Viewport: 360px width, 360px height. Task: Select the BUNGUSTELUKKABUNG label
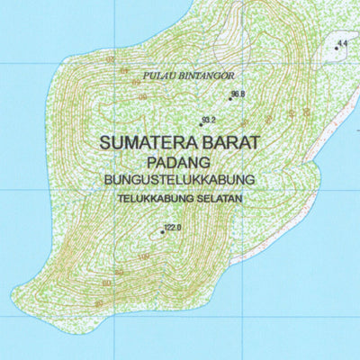(x=180, y=179)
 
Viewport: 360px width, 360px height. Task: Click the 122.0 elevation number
(x=174, y=228)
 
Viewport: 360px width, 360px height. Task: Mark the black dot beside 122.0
(x=162, y=232)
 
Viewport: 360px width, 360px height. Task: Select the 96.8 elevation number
(x=238, y=94)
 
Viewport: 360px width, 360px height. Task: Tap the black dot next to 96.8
(x=230, y=99)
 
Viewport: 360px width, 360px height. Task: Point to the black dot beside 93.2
(x=200, y=124)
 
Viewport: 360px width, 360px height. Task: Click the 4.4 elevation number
(x=343, y=42)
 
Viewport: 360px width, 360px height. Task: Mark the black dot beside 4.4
(x=337, y=48)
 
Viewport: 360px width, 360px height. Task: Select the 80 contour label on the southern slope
(x=118, y=273)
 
